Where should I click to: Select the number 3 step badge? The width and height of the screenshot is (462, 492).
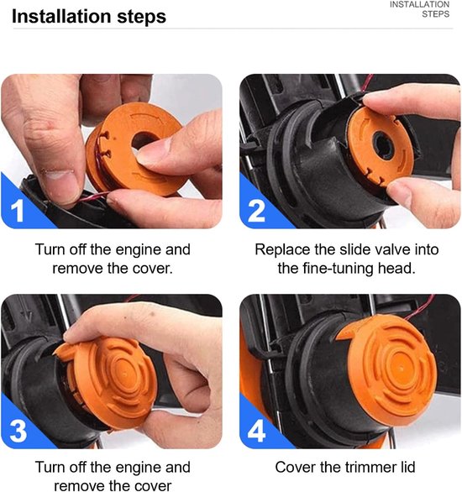click(x=18, y=431)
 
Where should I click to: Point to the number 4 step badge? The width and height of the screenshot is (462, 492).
click(x=256, y=431)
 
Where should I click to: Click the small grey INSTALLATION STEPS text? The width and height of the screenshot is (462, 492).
click(x=420, y=9)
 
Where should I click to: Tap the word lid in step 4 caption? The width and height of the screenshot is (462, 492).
click(x=407, y=467)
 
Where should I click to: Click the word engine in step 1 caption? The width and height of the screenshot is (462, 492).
click(x=138, y=250)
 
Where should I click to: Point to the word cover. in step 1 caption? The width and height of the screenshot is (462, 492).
click(x=154, y=269)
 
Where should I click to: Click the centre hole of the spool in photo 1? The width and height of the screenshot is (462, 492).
click(x=144, y=140)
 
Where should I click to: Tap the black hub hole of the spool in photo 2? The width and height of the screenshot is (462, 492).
click(x=383, y=146)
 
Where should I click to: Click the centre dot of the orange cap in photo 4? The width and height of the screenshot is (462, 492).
click(x=402, y=366)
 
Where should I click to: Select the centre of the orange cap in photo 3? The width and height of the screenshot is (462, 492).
click(x=125, y=374)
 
